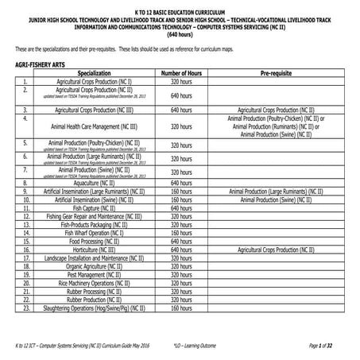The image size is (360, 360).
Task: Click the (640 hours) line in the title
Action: (180, 35)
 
